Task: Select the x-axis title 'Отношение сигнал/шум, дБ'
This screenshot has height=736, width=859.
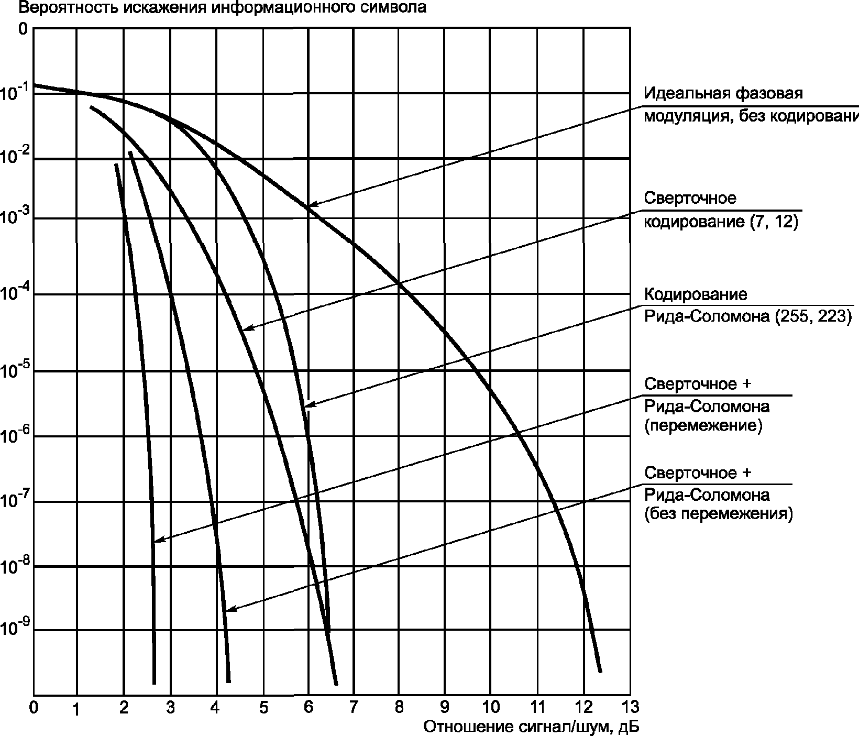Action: point(532,727)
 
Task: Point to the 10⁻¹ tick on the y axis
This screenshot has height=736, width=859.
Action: point(15,93)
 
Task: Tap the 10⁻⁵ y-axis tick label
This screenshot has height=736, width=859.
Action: point(15,370)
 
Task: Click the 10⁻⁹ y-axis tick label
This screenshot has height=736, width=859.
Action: point(15,629)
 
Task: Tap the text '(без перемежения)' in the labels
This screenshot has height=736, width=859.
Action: point(718,513)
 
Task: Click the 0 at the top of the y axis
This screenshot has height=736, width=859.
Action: point(22,29)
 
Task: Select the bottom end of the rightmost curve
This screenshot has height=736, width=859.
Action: point(600,672)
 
